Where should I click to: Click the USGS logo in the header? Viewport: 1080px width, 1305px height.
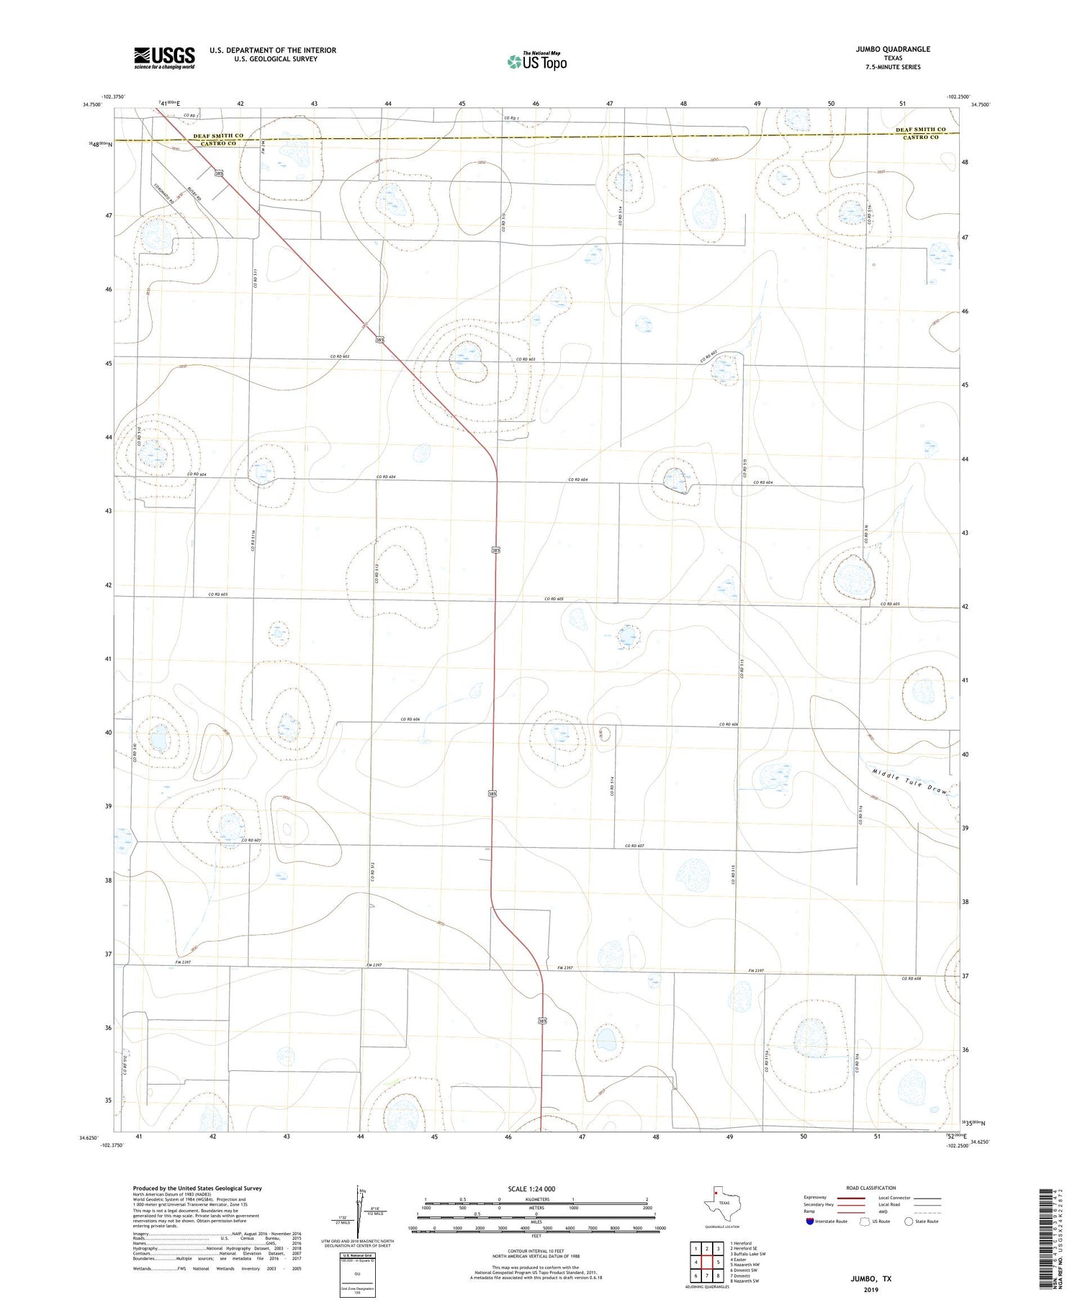point(164,58)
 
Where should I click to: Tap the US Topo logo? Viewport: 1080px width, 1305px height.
point(537,61)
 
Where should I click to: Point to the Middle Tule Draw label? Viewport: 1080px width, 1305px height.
point(910,781)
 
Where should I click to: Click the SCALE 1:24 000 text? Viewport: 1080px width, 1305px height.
point(536,1188)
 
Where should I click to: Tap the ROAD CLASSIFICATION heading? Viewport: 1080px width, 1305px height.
point(871,1188)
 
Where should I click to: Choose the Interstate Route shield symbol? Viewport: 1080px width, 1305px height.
point(810,1222)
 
